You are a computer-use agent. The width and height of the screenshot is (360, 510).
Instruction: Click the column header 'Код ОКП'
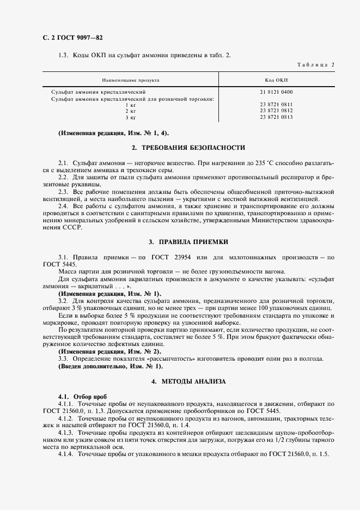click(x=277, y=80)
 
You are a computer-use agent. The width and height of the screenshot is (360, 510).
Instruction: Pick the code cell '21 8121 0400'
click(x=276, y=92)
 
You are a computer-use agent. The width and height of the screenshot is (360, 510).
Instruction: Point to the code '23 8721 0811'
click(x=276, y=104)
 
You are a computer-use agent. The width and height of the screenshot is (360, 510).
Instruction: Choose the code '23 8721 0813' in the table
click(x=276, y=117)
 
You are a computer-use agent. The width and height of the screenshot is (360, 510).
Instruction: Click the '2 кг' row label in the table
click(x=130, y=111)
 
